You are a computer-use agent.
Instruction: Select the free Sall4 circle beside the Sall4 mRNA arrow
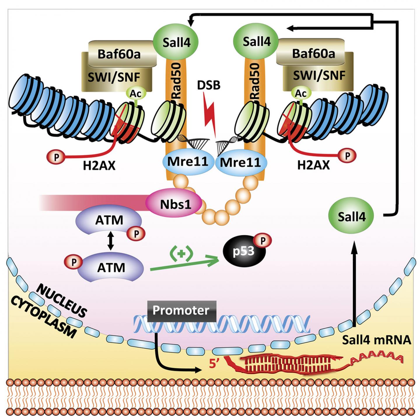351,217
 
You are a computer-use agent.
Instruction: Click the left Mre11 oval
188,161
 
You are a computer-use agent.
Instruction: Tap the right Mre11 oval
241,162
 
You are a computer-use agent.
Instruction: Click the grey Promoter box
181,310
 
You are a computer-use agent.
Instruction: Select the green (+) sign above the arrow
181,254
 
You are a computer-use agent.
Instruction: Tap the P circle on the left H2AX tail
56,157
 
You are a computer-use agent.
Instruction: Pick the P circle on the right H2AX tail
347,156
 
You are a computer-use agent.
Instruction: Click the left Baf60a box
119,54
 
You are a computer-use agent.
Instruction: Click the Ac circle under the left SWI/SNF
135,94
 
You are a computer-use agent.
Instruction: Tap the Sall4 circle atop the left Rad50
176,42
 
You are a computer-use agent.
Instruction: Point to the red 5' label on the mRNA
214,364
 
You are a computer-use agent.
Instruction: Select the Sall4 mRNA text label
376,340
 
